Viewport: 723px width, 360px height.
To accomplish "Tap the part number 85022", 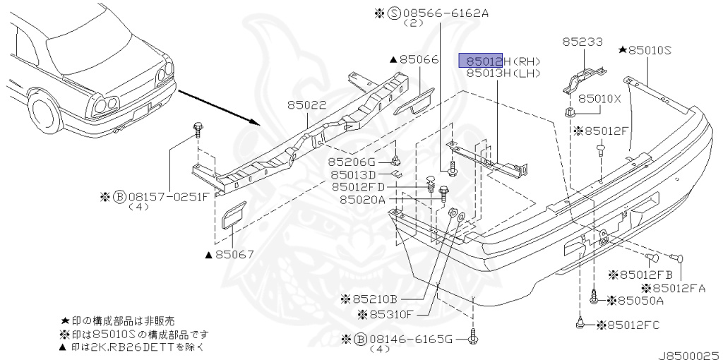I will [x=306, y=105].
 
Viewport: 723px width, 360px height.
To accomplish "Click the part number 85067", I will [x=233, y=254].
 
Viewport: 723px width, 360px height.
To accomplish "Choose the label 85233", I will [x=582, y=42].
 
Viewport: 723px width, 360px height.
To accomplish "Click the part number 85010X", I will [x=599, y=99].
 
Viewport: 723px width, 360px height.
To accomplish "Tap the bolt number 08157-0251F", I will [x=162, y=196].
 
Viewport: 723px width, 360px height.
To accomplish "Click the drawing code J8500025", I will [x=689, y=349].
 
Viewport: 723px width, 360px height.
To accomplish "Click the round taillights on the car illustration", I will [x=104, y=104].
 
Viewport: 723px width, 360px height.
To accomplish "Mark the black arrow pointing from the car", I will [x=219, y=107].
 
